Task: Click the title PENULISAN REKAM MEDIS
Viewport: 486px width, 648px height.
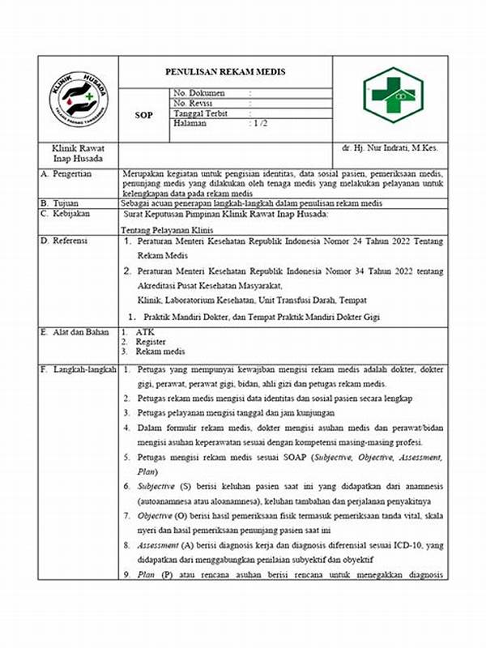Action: click(x=225, y=72)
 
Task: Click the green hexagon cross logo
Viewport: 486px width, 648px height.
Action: click(x=392, y=95)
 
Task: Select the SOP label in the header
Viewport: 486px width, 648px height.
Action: click(x=143, y=115)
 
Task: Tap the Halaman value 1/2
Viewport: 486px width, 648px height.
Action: click(x=260, y=123)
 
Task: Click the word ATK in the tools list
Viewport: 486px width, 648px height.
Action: click(x=144, y=332)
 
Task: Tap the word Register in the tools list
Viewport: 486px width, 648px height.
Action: click(x=151, y=342)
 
